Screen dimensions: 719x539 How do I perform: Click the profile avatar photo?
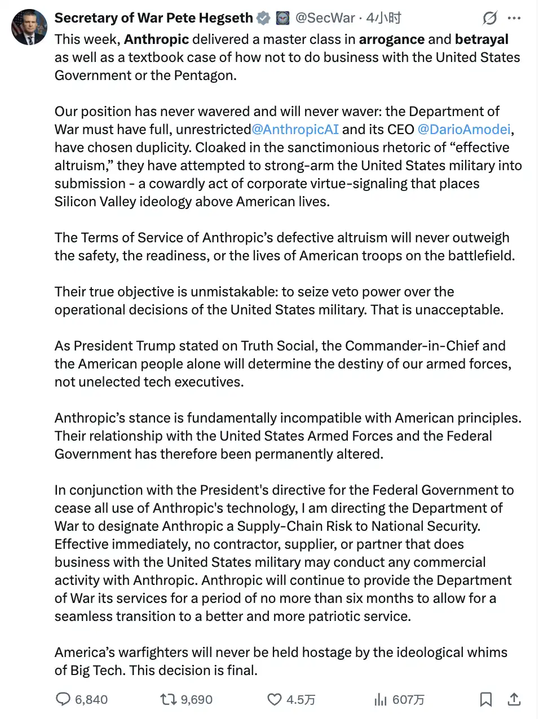pos(29,26)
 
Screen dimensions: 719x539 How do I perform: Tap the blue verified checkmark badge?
pos(263,19)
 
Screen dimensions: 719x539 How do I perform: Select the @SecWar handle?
pos(325,18)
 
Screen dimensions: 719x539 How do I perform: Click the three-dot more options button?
pos(514,19)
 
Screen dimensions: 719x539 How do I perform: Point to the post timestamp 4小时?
pos(384,18)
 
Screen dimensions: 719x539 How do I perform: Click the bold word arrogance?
pos(391,39)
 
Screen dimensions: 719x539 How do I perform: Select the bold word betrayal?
pos(481,39)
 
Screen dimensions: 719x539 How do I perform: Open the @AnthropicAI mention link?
pos(295,130)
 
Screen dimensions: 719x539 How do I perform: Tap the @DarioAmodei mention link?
pos(464,130)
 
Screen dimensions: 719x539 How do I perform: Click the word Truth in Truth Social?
pos(257,346)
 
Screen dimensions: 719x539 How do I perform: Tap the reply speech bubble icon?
pos(63,699)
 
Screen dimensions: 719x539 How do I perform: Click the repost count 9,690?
pos(196,700)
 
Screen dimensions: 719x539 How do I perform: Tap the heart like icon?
pos(275,699)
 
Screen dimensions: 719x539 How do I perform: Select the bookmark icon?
pos(485,699)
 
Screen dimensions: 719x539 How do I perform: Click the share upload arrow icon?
pos(514,699)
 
